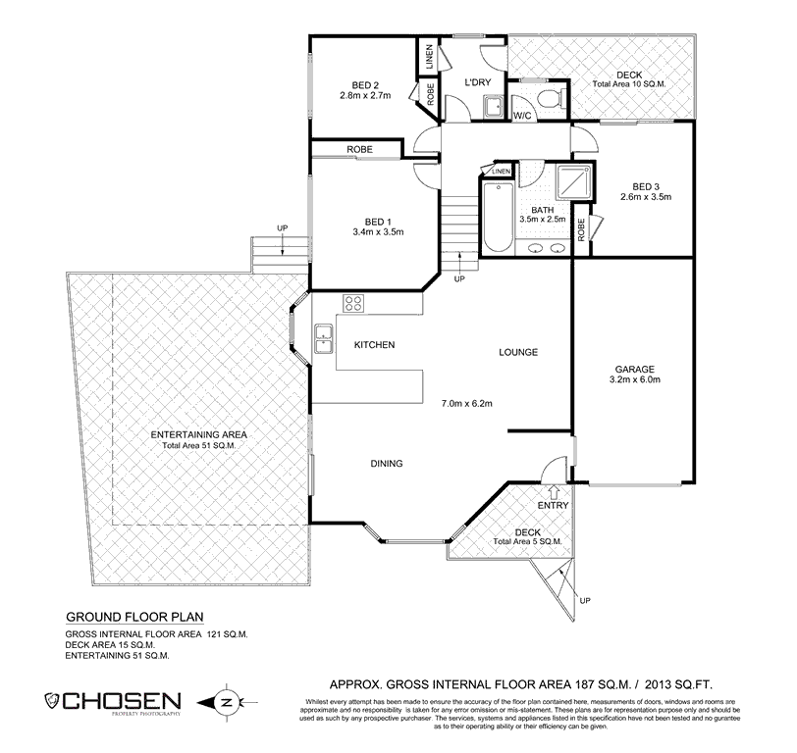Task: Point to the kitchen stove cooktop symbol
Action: [x=353, y=303]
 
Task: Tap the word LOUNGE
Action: [x=519, y=352]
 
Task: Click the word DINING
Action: [x=388, y=464]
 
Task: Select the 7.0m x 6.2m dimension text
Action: [x=466, y=403]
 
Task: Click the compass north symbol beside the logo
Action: [x=225, y=702]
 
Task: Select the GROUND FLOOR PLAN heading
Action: [x=133, y=619]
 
